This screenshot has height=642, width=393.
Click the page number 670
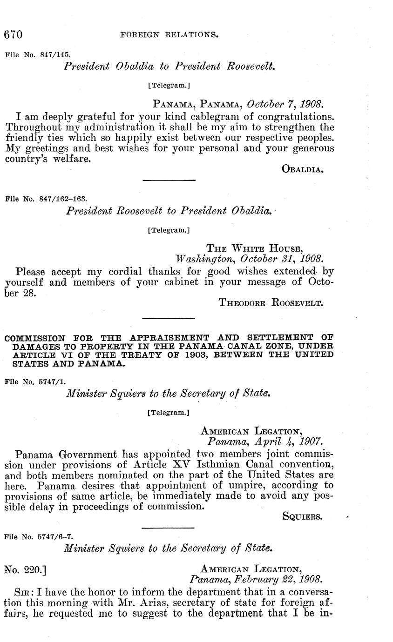click(14, 35)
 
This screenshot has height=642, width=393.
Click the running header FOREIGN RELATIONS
click(169, 34)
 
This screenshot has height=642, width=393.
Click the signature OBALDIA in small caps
click(303, 169)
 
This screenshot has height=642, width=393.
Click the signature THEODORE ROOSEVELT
click(271, 303)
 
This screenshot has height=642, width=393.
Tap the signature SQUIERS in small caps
click(302, 516)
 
